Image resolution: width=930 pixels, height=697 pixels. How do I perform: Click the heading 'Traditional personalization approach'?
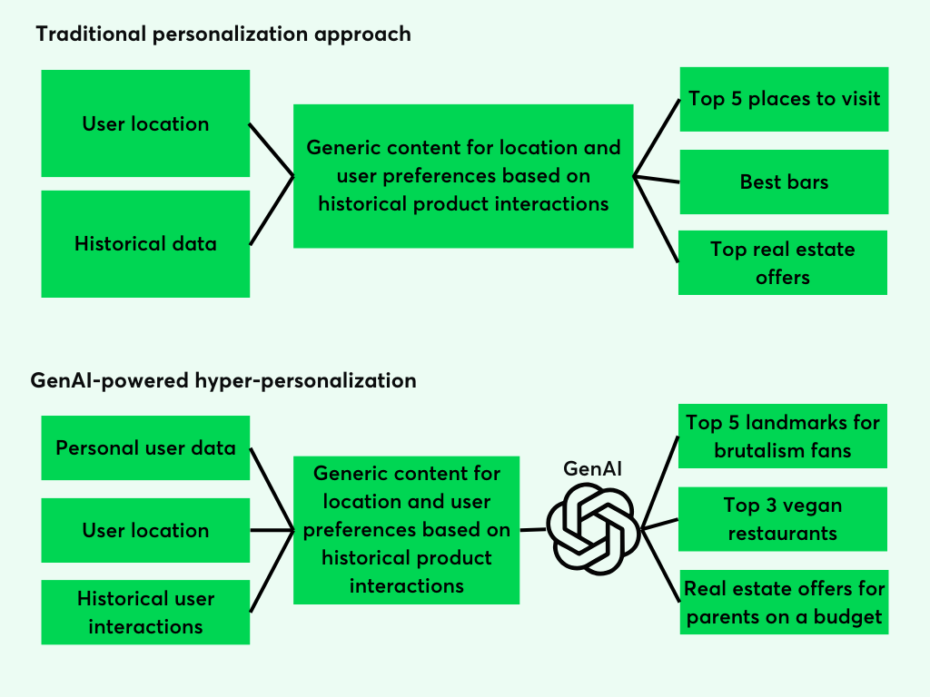223,34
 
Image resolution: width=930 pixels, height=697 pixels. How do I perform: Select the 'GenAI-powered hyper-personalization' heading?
223,380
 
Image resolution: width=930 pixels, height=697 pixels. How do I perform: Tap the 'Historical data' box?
145,243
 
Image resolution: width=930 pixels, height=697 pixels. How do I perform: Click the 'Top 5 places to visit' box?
784,99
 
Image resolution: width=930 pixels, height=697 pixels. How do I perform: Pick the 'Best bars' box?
784,182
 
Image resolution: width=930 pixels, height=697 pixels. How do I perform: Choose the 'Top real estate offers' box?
783,262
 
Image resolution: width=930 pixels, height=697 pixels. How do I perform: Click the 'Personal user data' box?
145,447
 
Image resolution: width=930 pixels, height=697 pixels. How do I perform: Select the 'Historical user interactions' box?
145,612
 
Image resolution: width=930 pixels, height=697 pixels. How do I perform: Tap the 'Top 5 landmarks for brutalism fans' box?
783,436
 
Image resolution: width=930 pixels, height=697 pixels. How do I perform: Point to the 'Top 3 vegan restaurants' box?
783,518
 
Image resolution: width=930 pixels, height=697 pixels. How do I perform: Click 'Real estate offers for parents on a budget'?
783,603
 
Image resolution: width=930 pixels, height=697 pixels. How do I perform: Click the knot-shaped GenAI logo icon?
593,527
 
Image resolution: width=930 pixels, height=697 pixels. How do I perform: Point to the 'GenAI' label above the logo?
593,469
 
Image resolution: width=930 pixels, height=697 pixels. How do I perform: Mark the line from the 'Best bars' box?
656,180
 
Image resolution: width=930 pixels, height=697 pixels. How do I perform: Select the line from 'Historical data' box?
272,210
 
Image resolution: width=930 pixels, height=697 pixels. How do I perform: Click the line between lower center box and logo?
533,530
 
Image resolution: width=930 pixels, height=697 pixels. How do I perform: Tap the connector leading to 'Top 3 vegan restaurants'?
660,524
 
